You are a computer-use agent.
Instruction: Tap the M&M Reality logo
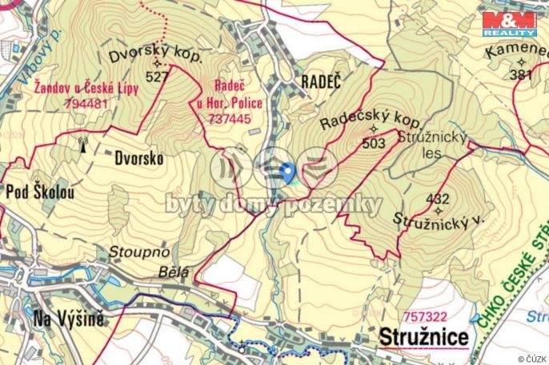[508, 24]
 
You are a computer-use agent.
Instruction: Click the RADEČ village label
[321, 81]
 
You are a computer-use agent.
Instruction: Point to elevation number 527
[158, 77]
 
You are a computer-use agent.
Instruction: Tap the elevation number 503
[374, 143]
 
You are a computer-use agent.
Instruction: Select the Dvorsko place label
[138, 158]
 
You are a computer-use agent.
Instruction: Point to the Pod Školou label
[40, 192]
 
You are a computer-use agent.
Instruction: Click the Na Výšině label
[69, 320]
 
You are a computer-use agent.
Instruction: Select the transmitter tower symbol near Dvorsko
[81, 145]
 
